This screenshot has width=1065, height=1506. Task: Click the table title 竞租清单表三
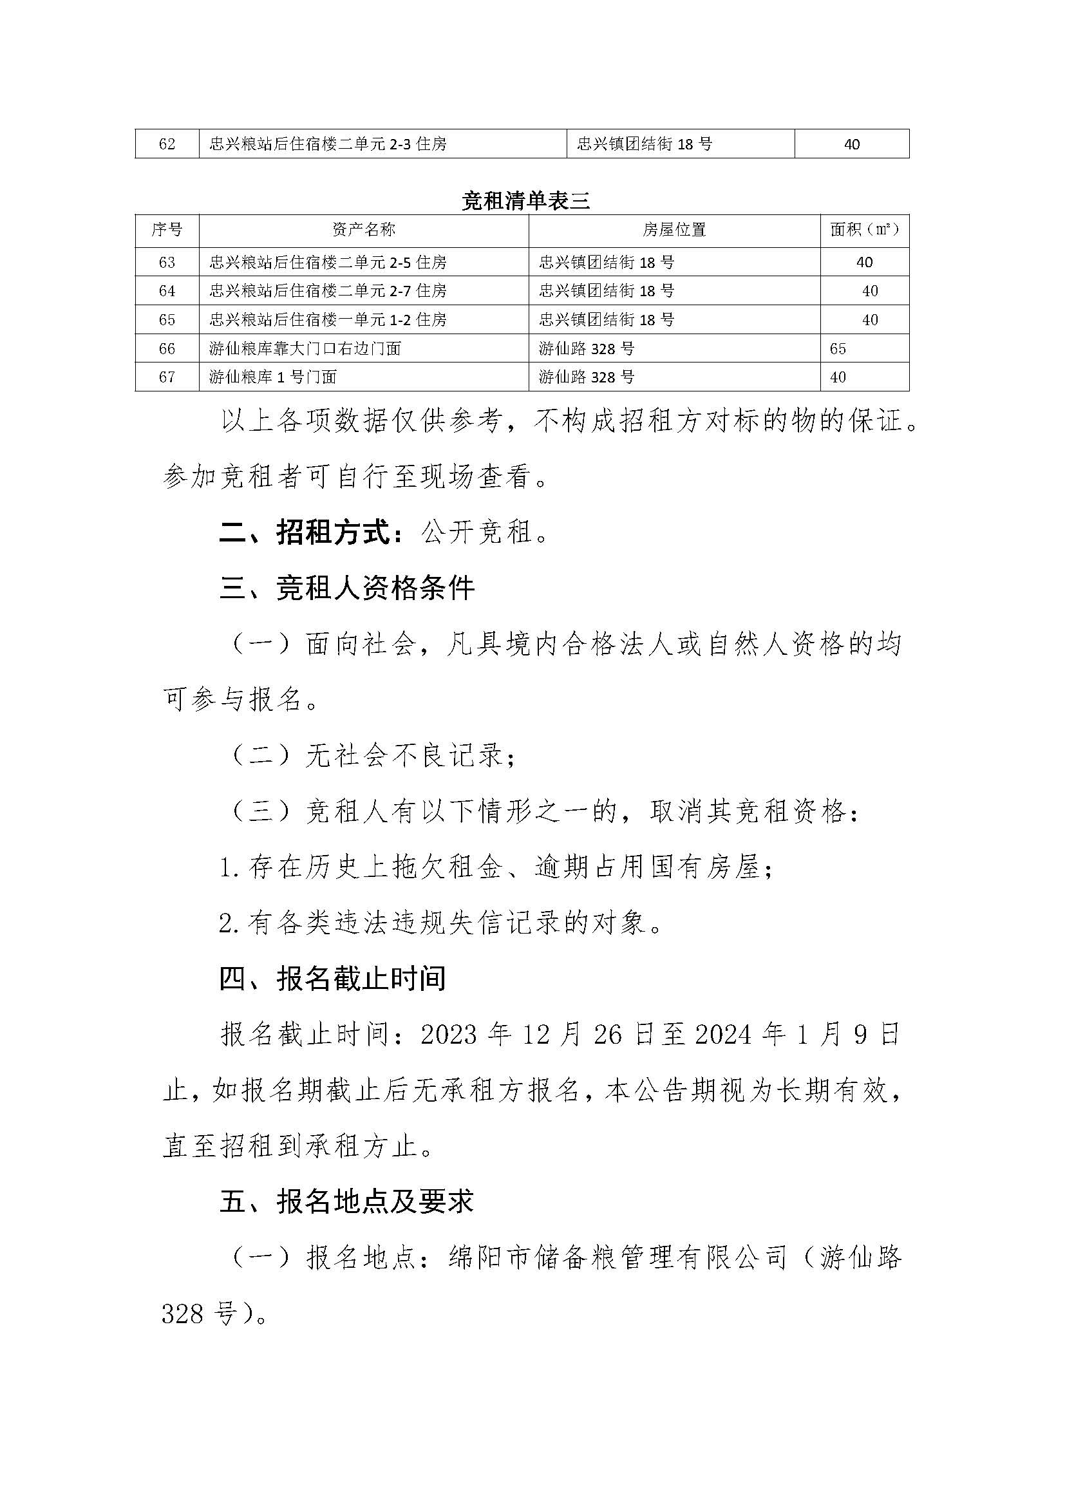point(526,202)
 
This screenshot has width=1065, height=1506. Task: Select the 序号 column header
point(167,230)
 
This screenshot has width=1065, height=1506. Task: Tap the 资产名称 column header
point(364,230)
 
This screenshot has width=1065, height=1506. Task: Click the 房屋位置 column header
point(674,230)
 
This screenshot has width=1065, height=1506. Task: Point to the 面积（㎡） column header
point(864,230)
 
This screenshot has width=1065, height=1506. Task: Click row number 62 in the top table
point(167,144)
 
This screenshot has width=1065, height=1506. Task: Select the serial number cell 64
point(167,290)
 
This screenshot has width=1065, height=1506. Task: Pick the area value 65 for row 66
point(838,348)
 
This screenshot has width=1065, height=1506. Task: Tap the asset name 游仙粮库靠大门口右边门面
point(305,348)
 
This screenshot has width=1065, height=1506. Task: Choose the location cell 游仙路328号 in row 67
point(587,377)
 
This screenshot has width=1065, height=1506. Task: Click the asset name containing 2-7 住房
point(328,290)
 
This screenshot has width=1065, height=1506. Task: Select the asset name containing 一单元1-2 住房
point(328,319)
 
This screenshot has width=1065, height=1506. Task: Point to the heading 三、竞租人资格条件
point(347,588)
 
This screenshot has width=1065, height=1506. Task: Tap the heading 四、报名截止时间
point(332,979)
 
